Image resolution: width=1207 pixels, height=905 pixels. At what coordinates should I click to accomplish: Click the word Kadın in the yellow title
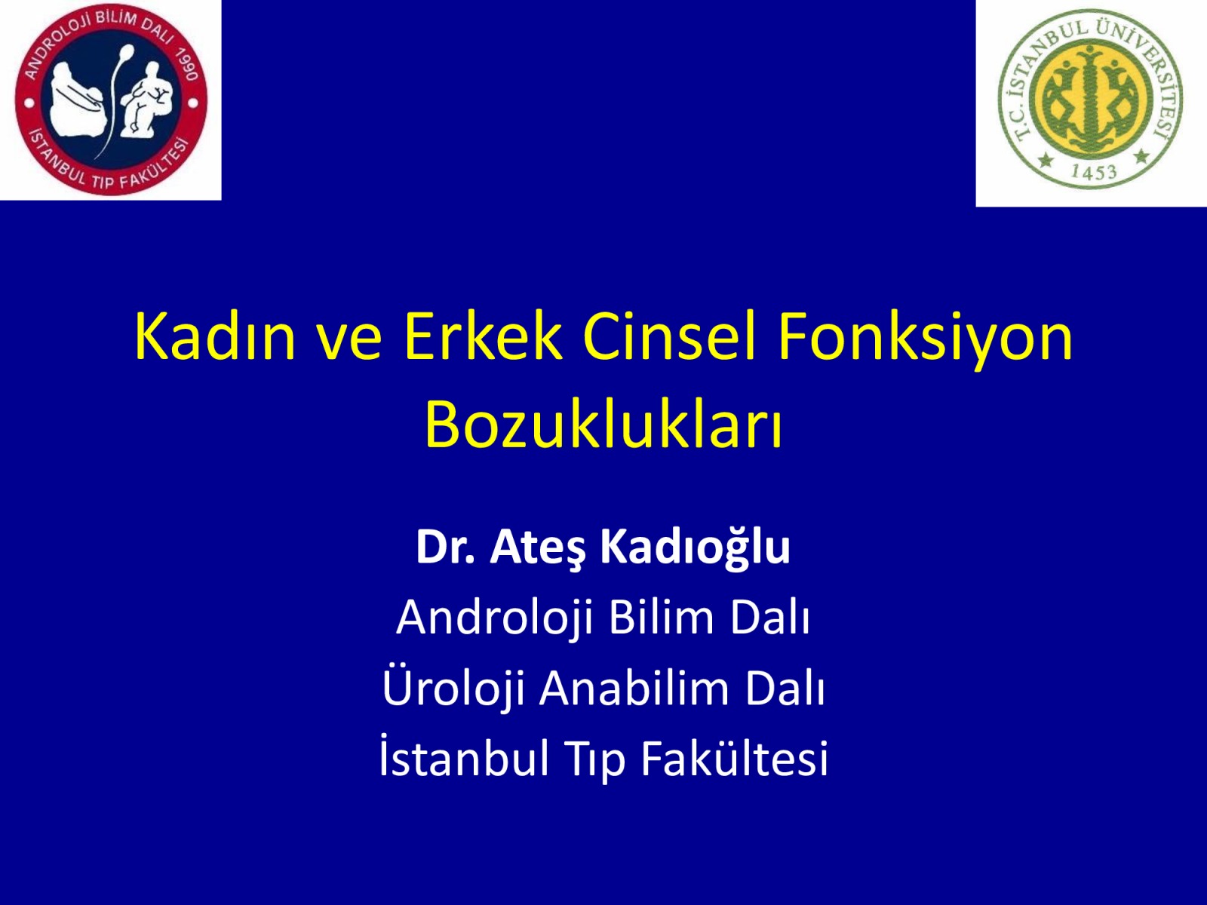click(215, 336)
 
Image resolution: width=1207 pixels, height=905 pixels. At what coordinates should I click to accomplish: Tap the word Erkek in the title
click(483, 336)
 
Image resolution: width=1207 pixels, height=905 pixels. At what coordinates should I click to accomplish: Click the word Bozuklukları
click(603, 425)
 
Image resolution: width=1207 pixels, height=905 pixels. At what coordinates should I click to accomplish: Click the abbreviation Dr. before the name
click(445, 548)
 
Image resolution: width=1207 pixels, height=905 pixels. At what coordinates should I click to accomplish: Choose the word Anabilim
click(634, 688)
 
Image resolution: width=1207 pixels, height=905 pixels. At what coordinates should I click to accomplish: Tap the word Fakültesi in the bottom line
click(734, 756)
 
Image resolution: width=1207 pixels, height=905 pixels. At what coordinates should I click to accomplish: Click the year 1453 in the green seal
click(1094, 173)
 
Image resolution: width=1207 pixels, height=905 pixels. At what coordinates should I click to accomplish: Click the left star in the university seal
click(1046, 161)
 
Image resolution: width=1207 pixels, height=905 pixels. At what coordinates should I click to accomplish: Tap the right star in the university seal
click(1141, 157)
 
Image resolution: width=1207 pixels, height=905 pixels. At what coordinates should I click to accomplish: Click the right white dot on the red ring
click(193, 103)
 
